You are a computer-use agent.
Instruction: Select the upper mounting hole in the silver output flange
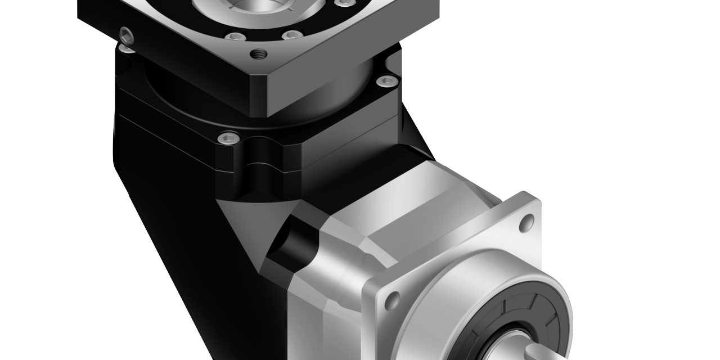(527, 223)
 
